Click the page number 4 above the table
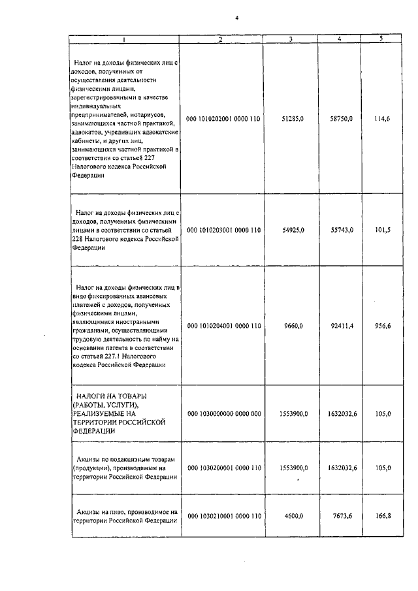236,18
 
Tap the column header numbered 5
381,39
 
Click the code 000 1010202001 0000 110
224,120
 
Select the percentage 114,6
382,120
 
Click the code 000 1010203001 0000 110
224,230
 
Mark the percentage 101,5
383,230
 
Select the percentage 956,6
382,325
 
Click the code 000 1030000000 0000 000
224,414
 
